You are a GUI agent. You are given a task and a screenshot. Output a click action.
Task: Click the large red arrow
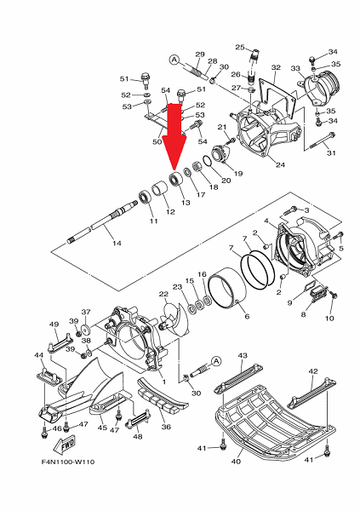point(174,137)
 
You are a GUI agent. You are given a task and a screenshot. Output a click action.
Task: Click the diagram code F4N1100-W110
point(68,462)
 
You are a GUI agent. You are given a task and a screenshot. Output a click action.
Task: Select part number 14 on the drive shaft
point(117,243)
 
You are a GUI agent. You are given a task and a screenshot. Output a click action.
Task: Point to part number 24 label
point(280,164)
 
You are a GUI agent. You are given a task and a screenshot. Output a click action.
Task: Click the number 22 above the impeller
point(163,295)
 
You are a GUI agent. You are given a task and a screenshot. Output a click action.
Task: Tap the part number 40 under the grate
point(236,461)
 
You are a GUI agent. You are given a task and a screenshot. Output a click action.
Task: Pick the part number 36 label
point(166,427)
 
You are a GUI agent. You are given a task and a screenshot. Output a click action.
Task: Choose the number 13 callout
point(186,203)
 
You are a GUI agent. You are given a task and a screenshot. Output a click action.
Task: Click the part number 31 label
point(331,152)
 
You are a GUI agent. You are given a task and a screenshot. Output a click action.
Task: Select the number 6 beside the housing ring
point(247,316)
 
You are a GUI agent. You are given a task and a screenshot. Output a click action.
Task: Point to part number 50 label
point(157,141)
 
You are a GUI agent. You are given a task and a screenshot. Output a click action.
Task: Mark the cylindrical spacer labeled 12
point(160,189)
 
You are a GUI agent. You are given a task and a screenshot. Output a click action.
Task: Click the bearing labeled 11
point(145,198)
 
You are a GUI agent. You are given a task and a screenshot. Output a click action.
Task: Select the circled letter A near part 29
point(174,60)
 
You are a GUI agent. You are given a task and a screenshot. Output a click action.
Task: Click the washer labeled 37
point(86,330)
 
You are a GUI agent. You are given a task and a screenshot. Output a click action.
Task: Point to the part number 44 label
point(39,355)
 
